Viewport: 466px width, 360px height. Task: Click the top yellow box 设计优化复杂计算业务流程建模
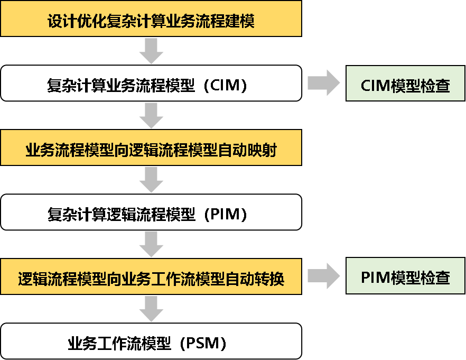tap(151, 21)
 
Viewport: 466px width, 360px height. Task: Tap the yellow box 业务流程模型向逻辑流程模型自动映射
tap(151, 150)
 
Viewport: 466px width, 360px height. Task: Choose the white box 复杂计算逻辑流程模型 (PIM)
tap(151, 213)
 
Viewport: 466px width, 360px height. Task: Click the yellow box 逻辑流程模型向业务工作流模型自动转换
tap(151, 277)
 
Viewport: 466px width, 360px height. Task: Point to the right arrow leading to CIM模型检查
tap(324, 84)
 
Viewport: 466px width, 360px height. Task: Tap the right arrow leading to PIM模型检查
tap(324, 276)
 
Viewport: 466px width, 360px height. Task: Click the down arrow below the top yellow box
tap(151, 51)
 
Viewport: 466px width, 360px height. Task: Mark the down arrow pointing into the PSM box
tap(151, 309)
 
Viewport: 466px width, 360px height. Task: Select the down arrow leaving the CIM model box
tap(151, 115)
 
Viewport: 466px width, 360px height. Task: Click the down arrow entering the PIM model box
tap(151, 180)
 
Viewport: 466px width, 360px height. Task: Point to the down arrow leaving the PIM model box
tap(151, 244)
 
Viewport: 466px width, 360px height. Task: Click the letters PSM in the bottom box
tap(202, 344)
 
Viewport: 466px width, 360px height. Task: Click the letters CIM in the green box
tap(376, 86)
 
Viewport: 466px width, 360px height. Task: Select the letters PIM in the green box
tap(376, 278)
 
